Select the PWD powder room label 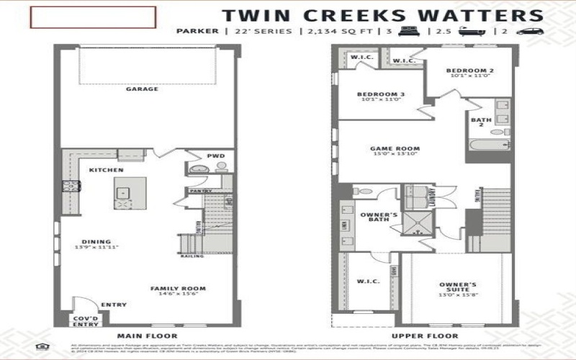click(x=215, y=155)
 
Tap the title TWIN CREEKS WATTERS click(x=382, y=15)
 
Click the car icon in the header click(x=528, y=32)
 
